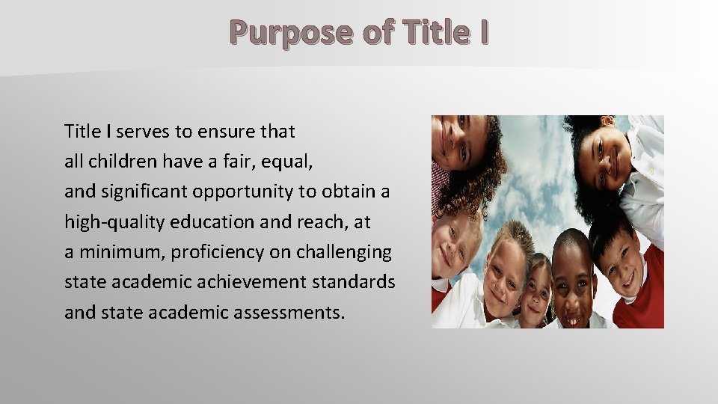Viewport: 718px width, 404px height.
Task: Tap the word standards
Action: (354, 282)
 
